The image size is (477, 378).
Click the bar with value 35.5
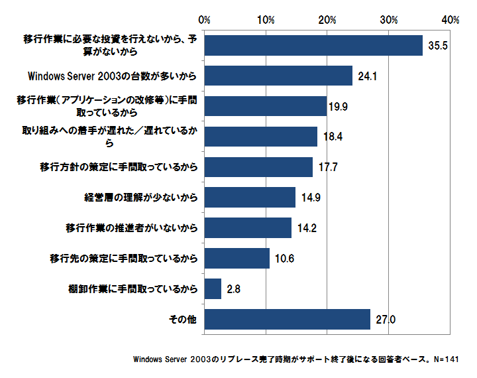tap(313, 45)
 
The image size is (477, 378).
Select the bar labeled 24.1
tap(278, 76)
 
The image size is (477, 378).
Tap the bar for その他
tap(287, 319)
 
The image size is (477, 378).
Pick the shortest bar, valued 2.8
tap(213, 288)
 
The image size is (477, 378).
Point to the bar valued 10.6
tap(237, 258)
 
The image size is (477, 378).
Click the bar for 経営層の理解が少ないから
tap(250, 197)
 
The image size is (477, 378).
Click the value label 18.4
tap(332, 137)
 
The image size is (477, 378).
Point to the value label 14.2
tap(306, 228)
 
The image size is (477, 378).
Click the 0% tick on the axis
tap(204, 19)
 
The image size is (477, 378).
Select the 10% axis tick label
tap(266, 19)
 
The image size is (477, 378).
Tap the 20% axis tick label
tap(327, 19)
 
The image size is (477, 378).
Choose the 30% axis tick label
tap(389, 19)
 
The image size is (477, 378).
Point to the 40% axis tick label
tap(450, 19)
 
